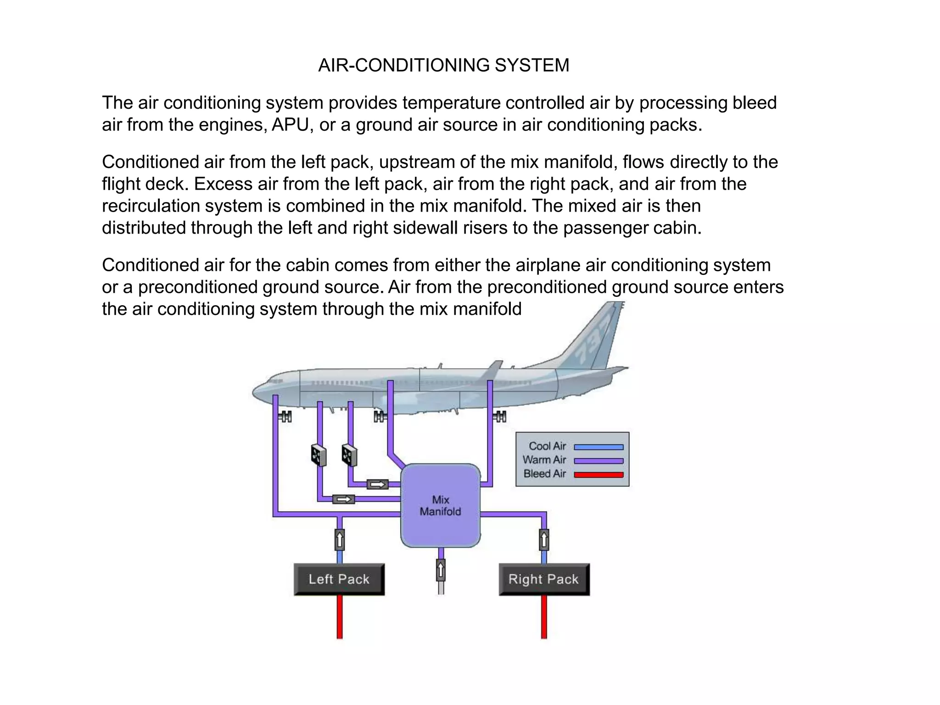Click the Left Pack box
pyautogui.click(x=339, y=579)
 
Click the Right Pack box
pyautogui.click(x=544, y=579)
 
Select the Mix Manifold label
pyautogui.click(x=440, y=505)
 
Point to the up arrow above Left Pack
pyautogui.click(x=340, y=540)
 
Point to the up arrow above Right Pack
pyautogui.click(x=544, y=540)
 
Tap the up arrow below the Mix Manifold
pyautogui.click(x=441, y=571)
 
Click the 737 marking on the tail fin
pyautogui.click(x=597, y=340)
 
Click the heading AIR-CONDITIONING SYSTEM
pyautogui.click(x=443, y=65)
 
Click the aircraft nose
pyautogui.click(x=255, y=392)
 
